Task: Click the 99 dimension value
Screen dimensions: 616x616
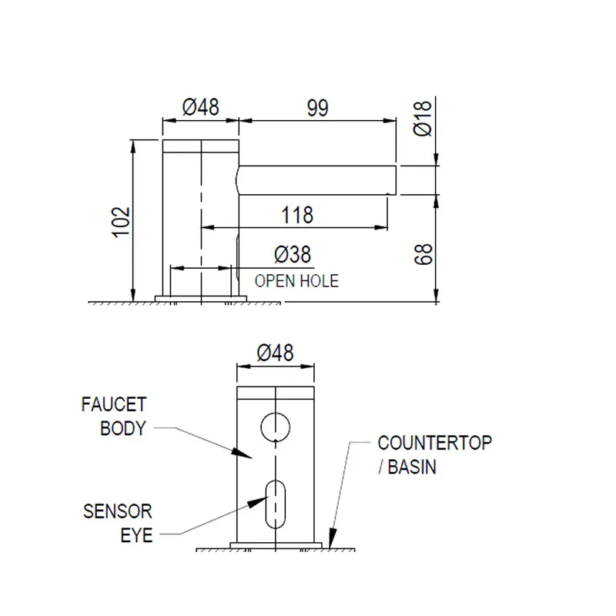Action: click(317, 108)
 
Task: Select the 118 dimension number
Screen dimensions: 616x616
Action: click(297, 215)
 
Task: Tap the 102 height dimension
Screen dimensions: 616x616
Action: click(122, 222)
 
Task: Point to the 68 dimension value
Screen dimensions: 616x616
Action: click(423, 254)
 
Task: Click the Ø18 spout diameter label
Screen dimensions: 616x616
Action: click(423, 119)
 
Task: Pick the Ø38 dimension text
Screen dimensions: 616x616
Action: click(293, 254)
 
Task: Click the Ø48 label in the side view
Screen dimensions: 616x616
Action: click(201, 107)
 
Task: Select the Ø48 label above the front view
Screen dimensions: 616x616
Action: click(275, 353)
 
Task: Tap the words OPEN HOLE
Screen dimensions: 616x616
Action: click(296, 281)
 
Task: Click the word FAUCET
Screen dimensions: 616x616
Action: click(114, 404)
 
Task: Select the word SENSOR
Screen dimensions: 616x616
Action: click(118, 511)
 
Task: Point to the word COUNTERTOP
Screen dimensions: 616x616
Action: click(434, 443)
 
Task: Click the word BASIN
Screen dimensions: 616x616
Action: click(412, 467)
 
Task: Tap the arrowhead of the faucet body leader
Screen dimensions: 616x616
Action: click(241, 453)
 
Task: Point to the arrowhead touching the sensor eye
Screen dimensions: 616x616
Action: click(258, 502)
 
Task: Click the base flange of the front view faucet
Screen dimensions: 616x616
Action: click(276, 545)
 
